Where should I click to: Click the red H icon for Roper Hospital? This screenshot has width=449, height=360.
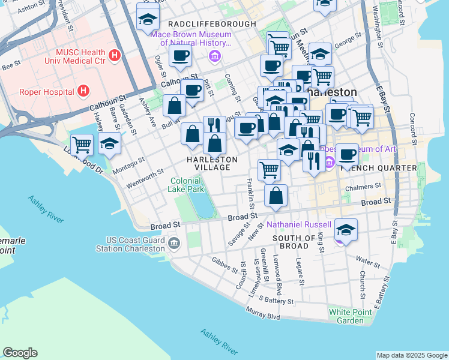(x=83, y=91)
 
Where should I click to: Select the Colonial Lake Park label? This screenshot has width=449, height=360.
(x=187, y=184)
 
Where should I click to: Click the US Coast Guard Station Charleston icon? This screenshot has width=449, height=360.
(x=174, y=242)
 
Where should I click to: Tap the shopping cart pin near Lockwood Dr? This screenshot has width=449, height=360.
(x=82, y=145)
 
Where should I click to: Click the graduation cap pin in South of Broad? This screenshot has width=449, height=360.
(x=346, y=230)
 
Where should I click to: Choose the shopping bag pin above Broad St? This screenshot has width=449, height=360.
(x=276, y=196)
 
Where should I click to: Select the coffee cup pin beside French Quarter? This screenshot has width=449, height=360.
(x=347, y=155)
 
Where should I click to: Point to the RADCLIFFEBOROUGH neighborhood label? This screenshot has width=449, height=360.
(x=212, y=23)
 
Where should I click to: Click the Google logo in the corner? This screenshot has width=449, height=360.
(x=20, y=353)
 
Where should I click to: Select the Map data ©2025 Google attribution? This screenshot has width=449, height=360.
(x=411, y=355)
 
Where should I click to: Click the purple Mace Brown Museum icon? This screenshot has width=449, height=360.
(x=214, y=56)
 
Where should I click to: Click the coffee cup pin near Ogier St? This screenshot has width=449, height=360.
(x=180, y=56)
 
